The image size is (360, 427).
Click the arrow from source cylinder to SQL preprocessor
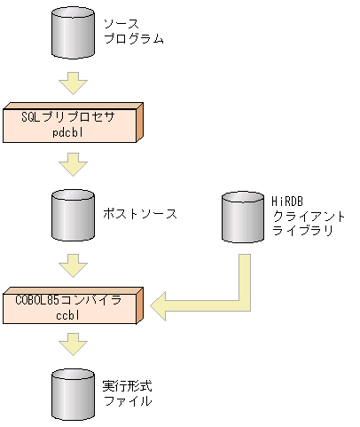(x=72, y=83)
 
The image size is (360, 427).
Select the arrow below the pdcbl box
(x=72, y=164)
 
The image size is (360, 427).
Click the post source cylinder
(x=72, y=215)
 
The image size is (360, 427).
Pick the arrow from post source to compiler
(x=72, y=264)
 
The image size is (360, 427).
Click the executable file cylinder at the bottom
(x=72, y=394)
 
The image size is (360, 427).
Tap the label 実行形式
(x=123, y=387)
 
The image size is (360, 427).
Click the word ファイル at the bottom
(x=123, y=401)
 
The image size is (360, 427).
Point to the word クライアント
(x=308, y=217)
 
